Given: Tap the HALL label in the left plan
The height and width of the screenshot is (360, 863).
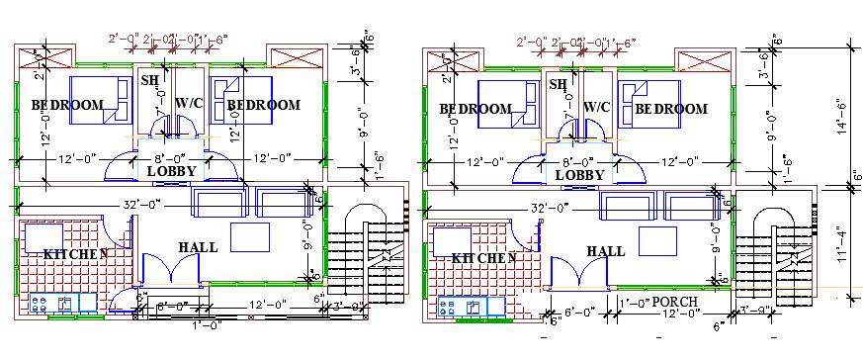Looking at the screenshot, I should coord(198,247).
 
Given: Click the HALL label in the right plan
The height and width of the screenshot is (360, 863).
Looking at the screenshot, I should coord(606,252).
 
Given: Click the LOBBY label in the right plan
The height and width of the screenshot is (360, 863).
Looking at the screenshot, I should coord(578,175).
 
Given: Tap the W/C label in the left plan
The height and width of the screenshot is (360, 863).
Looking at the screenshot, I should coord(189,103).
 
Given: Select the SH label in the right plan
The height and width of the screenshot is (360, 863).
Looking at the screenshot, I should coord(559,86).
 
